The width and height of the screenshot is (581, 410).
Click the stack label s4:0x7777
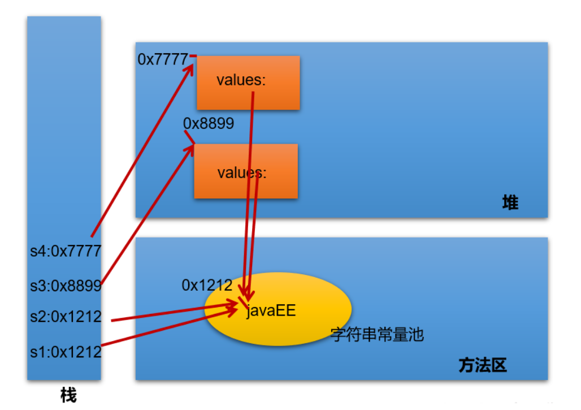(66, 251)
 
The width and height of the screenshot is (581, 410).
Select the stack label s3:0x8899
(66, 286)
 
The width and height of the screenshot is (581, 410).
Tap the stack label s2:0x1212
(66, 317)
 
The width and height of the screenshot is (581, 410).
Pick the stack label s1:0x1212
(66, 352)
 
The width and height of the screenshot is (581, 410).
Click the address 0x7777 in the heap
(163, 59)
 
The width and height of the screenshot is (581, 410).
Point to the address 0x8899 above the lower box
(209, 123)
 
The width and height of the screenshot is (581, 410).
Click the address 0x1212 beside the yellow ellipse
(207, 286)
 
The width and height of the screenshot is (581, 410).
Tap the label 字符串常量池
(377, 335)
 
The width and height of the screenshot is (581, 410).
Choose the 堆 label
(510, 202)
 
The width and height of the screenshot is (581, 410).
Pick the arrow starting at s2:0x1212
(170, 314)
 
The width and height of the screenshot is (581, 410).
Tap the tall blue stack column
(64, 141)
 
